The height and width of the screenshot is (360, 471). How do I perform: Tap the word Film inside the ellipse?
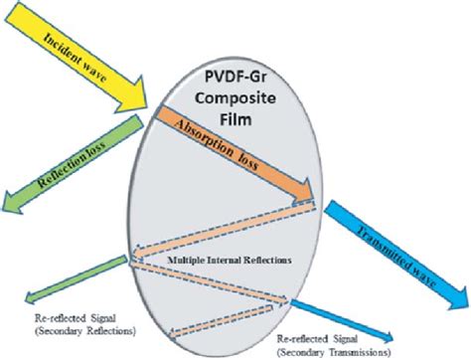235,123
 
